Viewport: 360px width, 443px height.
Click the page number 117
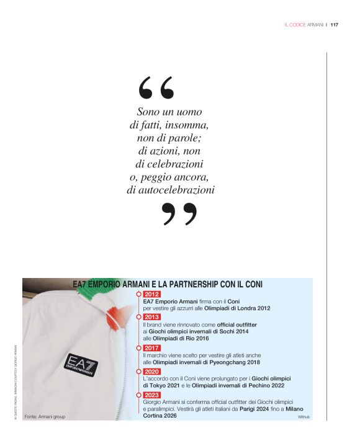334,25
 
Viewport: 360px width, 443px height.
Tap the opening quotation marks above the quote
156,89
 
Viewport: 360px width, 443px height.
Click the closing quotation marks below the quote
179,214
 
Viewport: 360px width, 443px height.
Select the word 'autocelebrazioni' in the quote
171,190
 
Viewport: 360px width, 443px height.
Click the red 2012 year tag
151,294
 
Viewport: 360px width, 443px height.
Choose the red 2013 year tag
151,317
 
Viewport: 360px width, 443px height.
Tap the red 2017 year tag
151,348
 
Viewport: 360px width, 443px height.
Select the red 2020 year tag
151,371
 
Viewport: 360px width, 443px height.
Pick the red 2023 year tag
151,395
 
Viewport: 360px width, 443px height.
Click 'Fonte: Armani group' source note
45,416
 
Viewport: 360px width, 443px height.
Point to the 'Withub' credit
304,417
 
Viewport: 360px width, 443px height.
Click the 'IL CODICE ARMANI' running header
304,25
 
